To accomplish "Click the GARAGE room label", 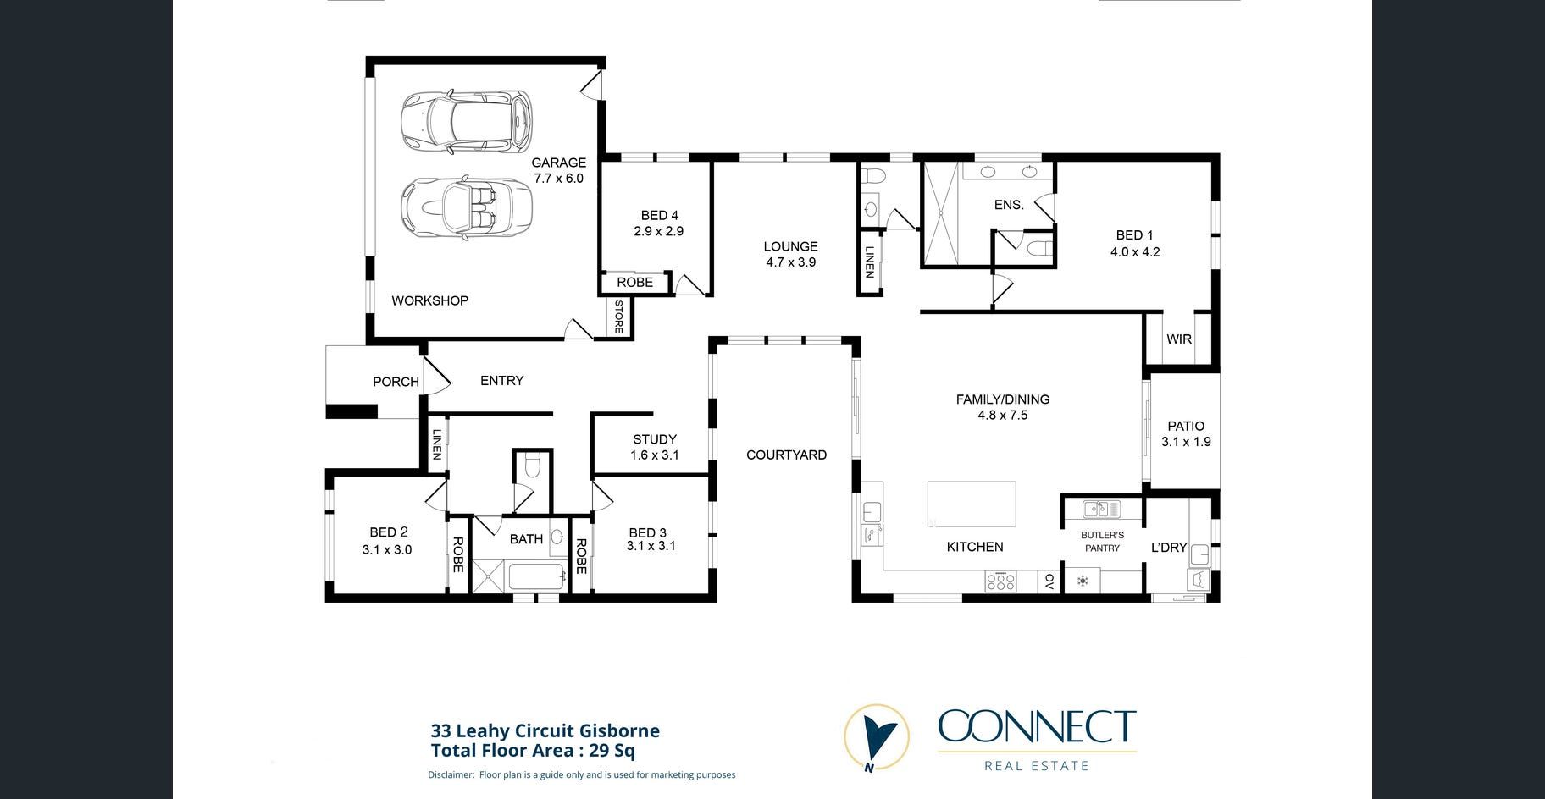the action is [x=558, y=163].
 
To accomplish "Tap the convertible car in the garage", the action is [x=466, y=207].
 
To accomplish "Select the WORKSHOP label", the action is [x=429, y=300].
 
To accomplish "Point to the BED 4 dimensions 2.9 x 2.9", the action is [x=658, y=231].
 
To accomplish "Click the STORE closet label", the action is [x=619, y=317].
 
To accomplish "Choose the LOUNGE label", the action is [x=790, y=246].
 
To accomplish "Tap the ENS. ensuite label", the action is [x=1009, y=205].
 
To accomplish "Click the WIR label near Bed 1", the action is [x=1179, y=339].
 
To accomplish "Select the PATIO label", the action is [x=1186, y=426].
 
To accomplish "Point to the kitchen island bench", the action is [x=972, y=504].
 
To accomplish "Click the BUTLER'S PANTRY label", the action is [x=1103, y=542].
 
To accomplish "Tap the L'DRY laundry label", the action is [x=1169, y=548].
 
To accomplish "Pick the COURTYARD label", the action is [x=786, y=455].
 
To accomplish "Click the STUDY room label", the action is [x=655, y=439].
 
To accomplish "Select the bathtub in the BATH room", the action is [x=536, y=576].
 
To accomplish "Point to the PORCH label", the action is [x=396, y=382].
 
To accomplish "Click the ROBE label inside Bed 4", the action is [x=634, y=283].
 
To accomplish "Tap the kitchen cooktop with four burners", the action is [x=1000, y=581].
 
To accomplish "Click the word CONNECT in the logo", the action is [x=1037, y=728].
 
